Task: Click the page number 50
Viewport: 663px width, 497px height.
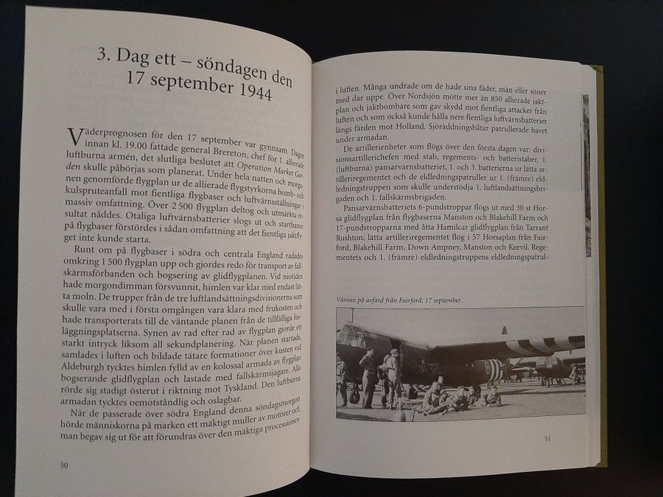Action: point(65,464)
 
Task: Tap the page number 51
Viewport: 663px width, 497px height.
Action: point(547,439)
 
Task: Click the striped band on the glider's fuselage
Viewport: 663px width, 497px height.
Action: point(491,370)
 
